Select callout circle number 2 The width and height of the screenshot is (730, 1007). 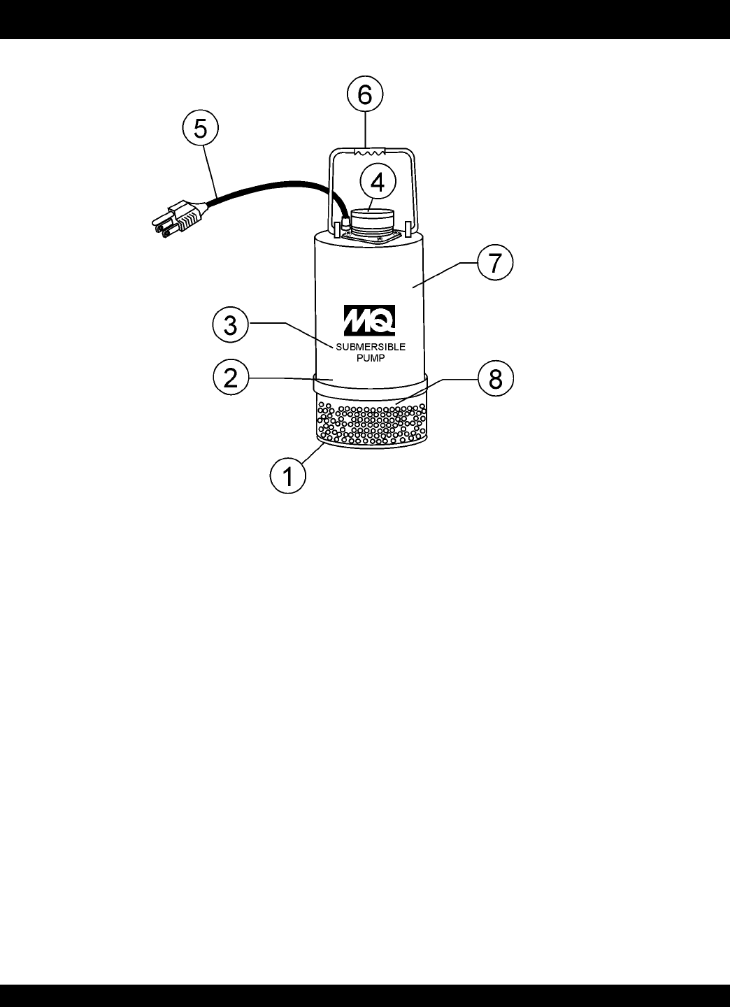[231, 378]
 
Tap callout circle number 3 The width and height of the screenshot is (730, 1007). [231, 326]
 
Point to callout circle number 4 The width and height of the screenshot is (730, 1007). [378, 183]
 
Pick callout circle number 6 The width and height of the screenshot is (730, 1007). [365, 95]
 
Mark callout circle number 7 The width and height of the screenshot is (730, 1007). [495, 264]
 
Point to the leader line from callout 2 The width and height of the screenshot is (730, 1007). [280, 378]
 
